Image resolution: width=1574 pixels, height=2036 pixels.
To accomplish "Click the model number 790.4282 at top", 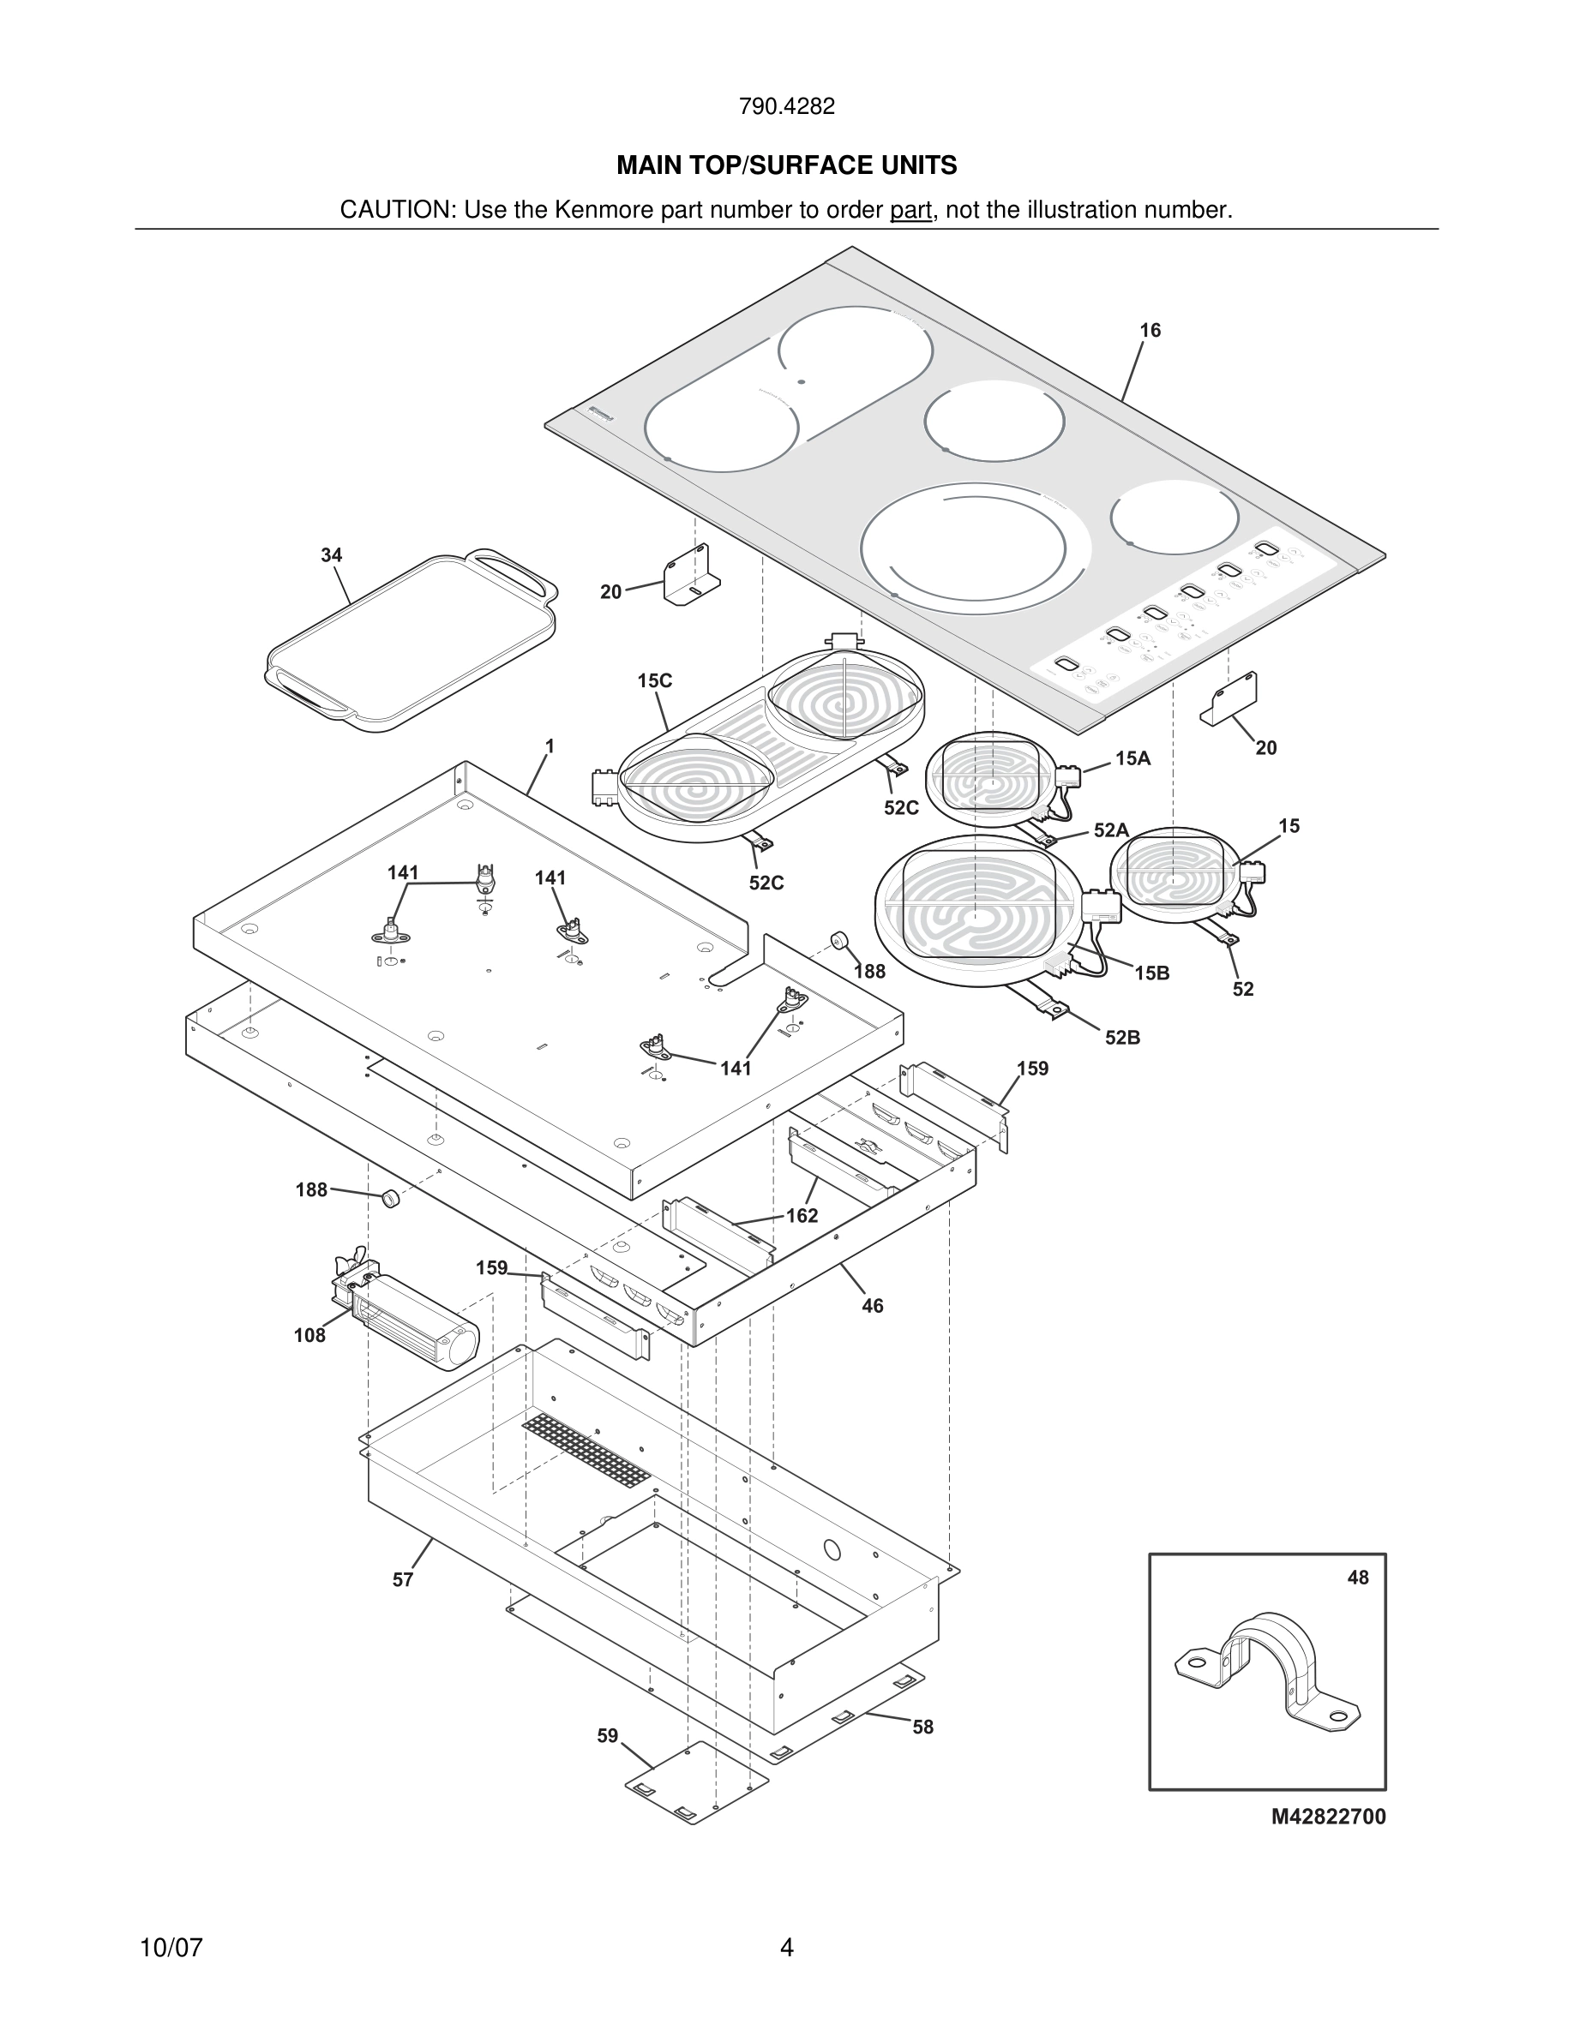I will click(x=786, y=106).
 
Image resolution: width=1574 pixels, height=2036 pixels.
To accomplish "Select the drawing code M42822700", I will click(x=1328, y=1817).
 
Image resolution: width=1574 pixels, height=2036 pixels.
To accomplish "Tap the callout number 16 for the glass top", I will click(x=1150, y=330).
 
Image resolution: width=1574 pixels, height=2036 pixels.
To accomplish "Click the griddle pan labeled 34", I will click(x=411, y=644).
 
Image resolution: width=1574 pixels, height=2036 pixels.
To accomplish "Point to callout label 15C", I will click(x=655, y=680).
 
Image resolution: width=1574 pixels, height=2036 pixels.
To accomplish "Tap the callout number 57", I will click(x=402, y=1579).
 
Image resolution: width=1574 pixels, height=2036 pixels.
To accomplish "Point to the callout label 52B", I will click(x=1123, y=1038).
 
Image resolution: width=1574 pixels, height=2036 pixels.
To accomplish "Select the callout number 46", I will click(x=872, y=1306).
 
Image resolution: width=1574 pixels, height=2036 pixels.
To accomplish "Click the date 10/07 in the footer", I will click(x=171, y=1948).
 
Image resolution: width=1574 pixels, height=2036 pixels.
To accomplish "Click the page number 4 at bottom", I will click(x=786, y=1948).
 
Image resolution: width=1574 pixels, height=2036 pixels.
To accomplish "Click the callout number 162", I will click(x=801, y=1216).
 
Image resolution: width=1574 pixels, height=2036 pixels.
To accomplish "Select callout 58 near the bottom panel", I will click(x=922, y=1727).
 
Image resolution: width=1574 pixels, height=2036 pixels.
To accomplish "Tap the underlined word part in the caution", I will click(x=910, y=210).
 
